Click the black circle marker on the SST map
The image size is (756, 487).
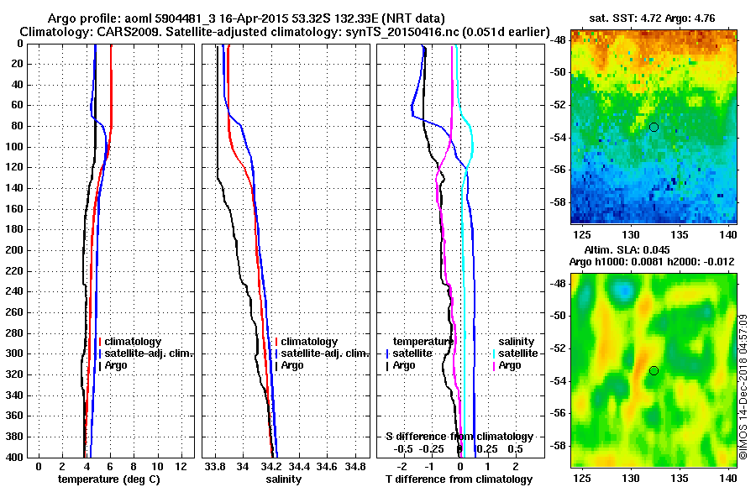pyautogui.click(x=654, y=127)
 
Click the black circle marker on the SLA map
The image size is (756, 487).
pyautogui.click(x=654, y=370)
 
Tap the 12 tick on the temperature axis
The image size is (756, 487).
pyautogui.click(x=181, y=466)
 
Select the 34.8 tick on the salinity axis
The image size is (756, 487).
pyautogui.click(x=356, y=466)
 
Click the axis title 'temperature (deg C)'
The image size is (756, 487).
pyautogui.click(x=109, y=479)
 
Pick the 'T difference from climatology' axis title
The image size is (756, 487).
pyautogui.click(x=459, y=479)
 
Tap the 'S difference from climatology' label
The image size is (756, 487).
pyautogui.click(x=459, y=437)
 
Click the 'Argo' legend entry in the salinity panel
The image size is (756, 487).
pyautogui.click(x=293, y=365)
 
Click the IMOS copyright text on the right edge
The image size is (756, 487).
pyautogui.click(x=743, y=386)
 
